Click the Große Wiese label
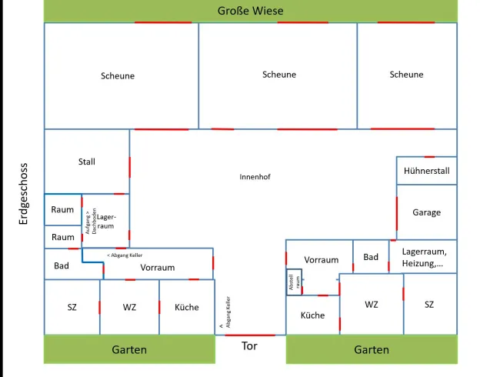250,11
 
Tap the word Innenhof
255,177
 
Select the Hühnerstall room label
427,171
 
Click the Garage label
427,212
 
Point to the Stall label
87,162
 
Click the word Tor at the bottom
249,345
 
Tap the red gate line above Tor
250,335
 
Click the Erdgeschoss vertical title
23,194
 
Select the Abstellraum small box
295,282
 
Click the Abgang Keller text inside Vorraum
125,255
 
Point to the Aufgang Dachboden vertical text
91,222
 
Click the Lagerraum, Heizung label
424,258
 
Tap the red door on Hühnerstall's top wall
429,157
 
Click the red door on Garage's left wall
397,213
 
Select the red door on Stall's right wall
130,167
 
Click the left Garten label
129,350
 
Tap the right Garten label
372,350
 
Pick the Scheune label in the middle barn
279,75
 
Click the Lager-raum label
106,222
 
